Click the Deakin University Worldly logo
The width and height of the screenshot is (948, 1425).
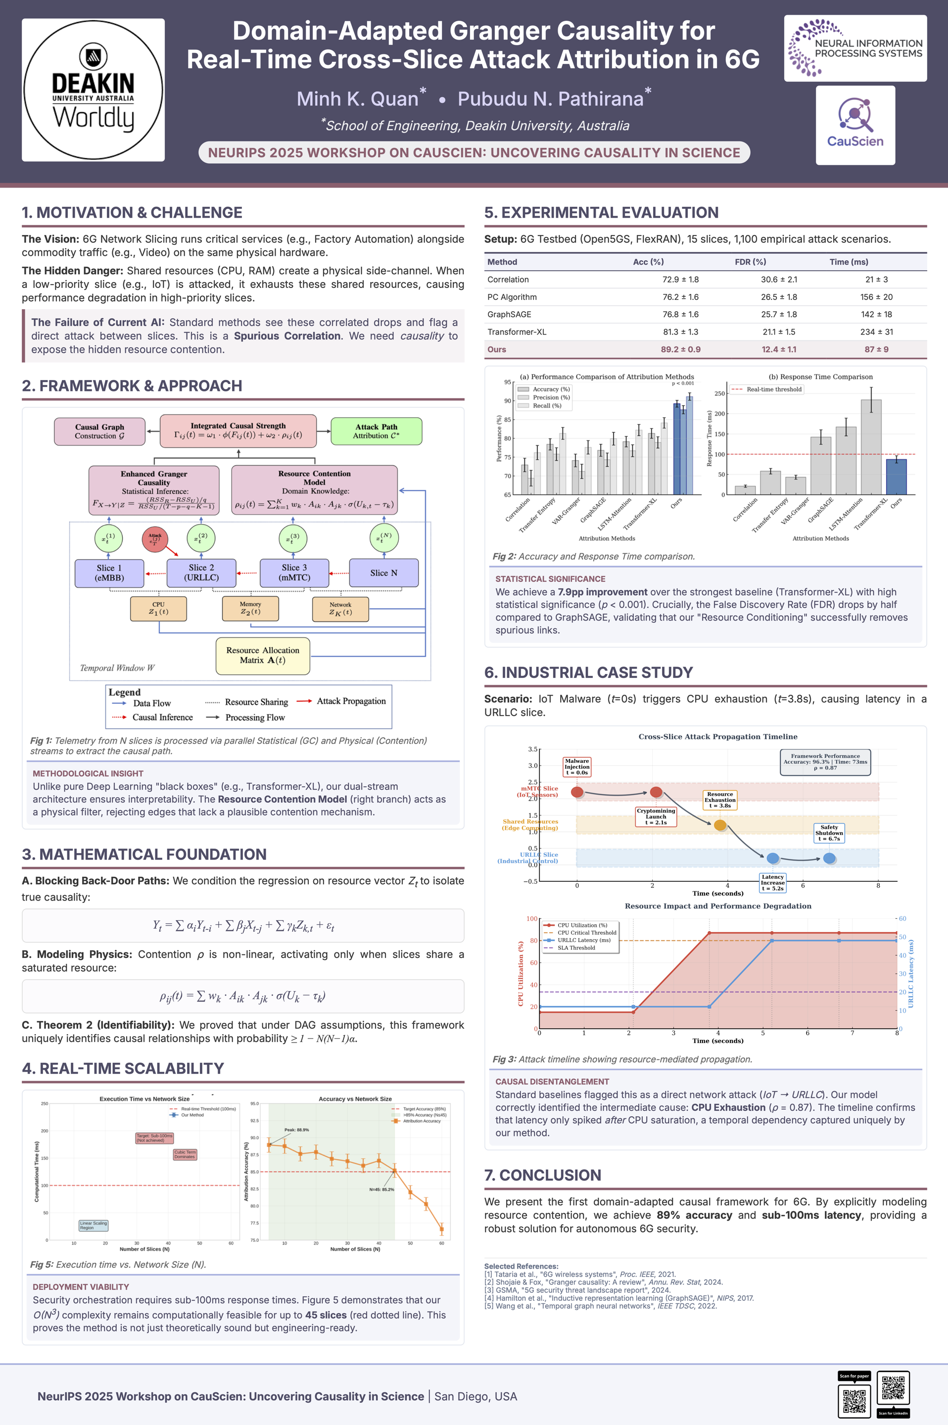point(93,90)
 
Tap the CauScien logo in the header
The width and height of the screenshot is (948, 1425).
point(855,125)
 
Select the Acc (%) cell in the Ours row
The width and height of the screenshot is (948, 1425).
point(680,349)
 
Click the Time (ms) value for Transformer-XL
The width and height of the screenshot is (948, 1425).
point(876,332)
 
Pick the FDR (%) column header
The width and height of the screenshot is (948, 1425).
point(750,262)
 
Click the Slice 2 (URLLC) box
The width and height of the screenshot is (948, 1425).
point(201,572)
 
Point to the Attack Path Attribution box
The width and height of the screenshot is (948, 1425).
point(376,431)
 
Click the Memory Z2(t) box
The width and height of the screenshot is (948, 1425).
point(250,608)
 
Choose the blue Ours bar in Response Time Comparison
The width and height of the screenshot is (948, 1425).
point(896,476)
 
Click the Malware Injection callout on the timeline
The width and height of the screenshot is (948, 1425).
point(577,766)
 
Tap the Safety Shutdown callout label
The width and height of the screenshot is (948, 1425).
point(829,833)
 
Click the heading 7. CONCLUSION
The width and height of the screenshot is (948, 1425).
point(542,1175)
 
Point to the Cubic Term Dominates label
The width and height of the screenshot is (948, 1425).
point(185,1154)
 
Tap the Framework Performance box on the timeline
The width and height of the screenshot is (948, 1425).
point(825,762)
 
